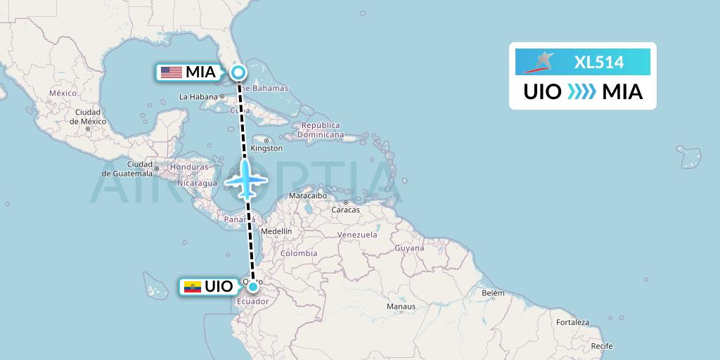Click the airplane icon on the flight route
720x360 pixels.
[x=245, y=179]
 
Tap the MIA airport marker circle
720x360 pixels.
[x=239, y=72]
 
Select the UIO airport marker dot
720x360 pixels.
[x=252, y=286]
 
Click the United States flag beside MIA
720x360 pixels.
[x=171, y=72]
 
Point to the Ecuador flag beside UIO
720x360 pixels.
[x=191, y=287]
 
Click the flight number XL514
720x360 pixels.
[x=599, y=62]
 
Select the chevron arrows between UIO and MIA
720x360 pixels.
[x=581, y=91]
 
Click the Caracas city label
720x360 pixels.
[x=345, y=210]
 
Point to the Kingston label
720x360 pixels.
[x=267, y=148]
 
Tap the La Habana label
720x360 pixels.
[x=199, y=96]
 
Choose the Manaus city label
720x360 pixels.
[x=401, y=307]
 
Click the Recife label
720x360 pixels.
[x=601, y=346]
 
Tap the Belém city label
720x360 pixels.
[x=493, y=292]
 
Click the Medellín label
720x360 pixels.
[x=276, y=231]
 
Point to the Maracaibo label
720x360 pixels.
[x=308, y=196]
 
